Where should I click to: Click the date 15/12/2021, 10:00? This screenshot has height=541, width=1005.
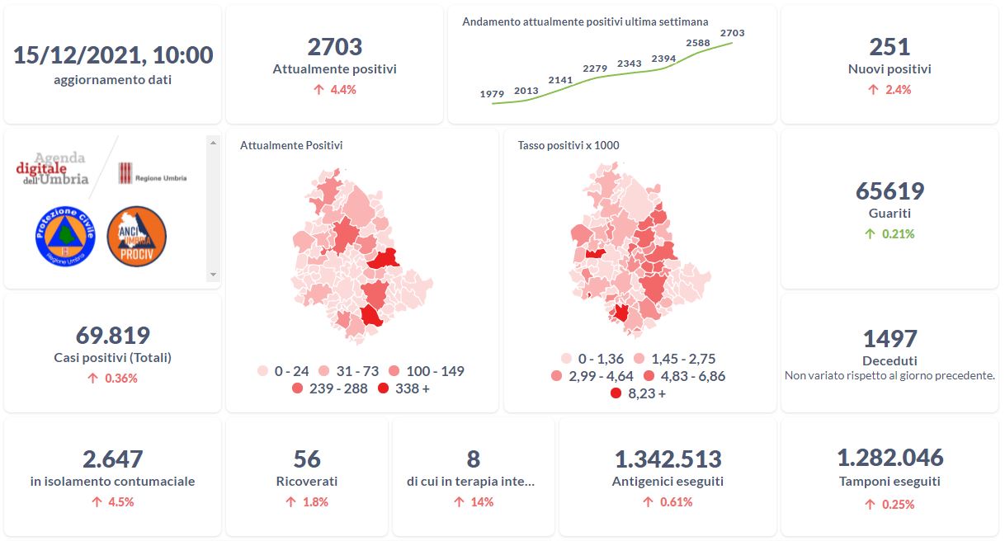click(x=113, y=55)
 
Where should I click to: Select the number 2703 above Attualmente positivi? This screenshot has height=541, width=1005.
click(x=334, y=47)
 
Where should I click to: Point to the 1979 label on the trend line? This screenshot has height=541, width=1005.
click(x=492, y=95)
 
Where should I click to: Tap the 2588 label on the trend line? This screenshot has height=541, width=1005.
click(x=698, y=43)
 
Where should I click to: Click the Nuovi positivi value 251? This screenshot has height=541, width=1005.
click(x=889, y=47)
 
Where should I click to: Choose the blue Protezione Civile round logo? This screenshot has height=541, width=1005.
click(x=65, y=236)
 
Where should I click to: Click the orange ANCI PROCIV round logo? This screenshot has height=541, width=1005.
click(x=136, y=236)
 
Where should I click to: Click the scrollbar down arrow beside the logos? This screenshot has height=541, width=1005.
click(x=213, y=275)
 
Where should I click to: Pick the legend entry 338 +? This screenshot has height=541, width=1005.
click(x=404, y=388)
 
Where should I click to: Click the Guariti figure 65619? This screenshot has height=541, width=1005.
click(x=889, y=191)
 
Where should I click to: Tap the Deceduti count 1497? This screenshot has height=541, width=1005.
click(x=889, y=339)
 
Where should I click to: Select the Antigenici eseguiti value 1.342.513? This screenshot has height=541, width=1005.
click(x=668, y=459)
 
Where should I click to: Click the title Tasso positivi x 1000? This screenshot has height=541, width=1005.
click(x=569, y=146)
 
